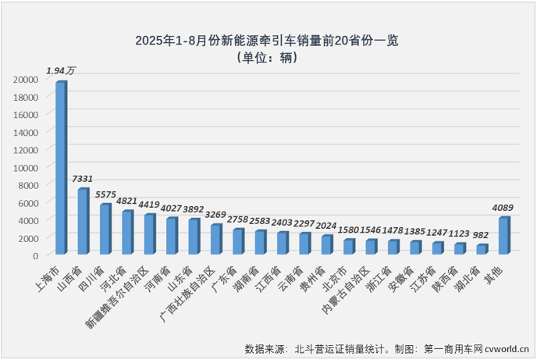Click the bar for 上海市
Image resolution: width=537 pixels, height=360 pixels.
(60, 168)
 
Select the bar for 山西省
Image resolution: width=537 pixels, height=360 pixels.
(82, 222)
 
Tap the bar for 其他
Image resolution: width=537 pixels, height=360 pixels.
(503, 236)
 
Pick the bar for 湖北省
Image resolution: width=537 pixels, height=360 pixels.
(482, 249)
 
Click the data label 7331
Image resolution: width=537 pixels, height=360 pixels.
(83, 179)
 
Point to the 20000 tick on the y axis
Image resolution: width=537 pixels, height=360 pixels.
(26, 79)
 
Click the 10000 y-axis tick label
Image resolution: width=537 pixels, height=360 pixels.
(26, 167)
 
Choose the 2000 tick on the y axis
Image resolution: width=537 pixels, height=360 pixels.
(29, 237)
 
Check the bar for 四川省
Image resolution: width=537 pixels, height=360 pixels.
(104, 230)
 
